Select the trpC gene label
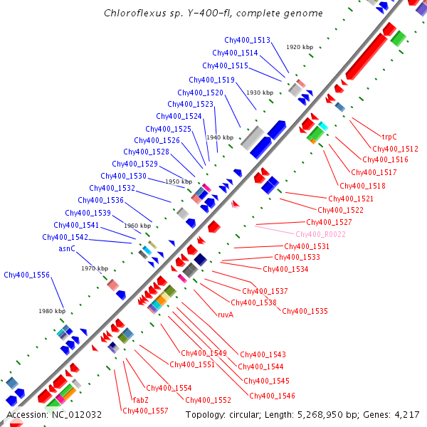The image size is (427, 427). click(389, 137)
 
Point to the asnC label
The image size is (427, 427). click(67, 249)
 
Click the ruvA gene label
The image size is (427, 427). click(225, 314)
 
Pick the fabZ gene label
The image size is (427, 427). click(141, 399)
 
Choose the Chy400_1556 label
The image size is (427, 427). click(26, 275)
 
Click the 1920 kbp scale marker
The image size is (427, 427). click(300, 47)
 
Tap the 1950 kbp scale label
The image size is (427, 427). click(179, 181)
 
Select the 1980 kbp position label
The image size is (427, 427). click(51, 311)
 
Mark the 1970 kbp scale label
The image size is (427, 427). click(94, 268)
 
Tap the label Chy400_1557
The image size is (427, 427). click(145, 411)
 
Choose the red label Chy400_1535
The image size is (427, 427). click(305, 311)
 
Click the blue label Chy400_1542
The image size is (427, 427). click(65, 237)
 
